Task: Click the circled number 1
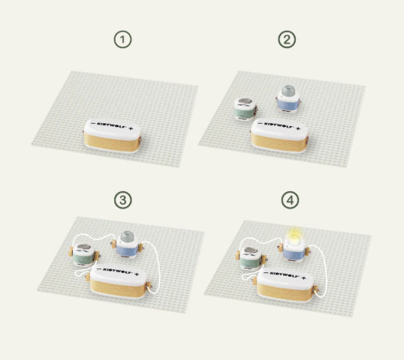tap(122, 40)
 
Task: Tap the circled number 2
tap(287, 39)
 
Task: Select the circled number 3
tap(123, 200)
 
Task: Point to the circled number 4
tap(290, 200)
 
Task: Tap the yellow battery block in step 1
tap(113, 136)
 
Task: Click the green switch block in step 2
tap(246, 109)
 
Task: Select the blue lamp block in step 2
tap(288, 99)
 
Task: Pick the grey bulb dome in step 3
tap(127, 236)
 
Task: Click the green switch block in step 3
tap(85, 254)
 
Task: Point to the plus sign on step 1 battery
tap(131, 128)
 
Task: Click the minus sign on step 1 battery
tap(93, 124)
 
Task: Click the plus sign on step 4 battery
tap(304, 278)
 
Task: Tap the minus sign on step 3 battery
tap(99, 269)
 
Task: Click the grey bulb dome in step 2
tap(288, 91)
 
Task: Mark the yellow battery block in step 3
tap(118, 282)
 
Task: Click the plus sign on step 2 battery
tap(298, 128)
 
